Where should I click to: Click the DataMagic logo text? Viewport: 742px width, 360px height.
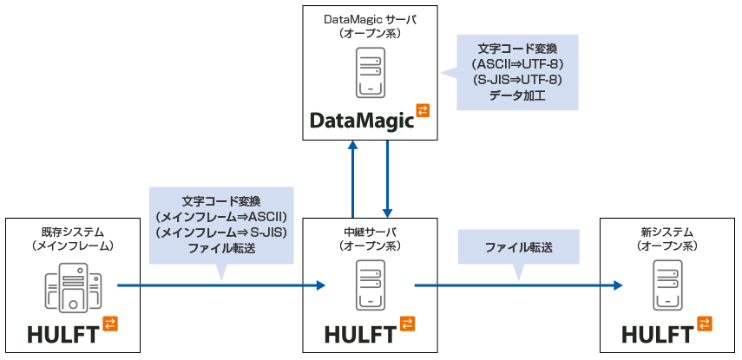(362, 120)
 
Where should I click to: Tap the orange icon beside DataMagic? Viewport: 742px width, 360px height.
(423, 110)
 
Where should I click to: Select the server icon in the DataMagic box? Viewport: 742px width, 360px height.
(371, 73)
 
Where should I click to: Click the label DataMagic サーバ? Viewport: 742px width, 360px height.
(371, 18)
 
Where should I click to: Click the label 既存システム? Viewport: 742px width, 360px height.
(73, 232)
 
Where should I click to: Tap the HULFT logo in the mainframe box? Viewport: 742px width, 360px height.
(63, 333)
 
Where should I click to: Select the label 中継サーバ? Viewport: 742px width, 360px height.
(371, 232)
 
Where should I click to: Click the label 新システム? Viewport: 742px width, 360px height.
(667, 232)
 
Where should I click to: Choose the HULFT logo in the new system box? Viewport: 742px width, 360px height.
(658, 333)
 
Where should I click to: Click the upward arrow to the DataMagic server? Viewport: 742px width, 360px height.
(353, 178)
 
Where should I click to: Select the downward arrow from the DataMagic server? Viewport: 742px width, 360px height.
(387, 178)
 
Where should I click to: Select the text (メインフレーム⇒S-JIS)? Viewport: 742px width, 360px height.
(220, 232)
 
